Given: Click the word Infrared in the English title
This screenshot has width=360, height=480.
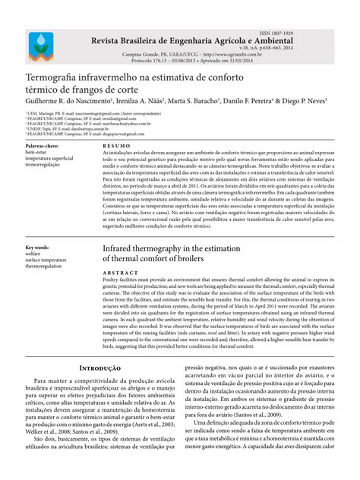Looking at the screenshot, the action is point(122,249).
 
